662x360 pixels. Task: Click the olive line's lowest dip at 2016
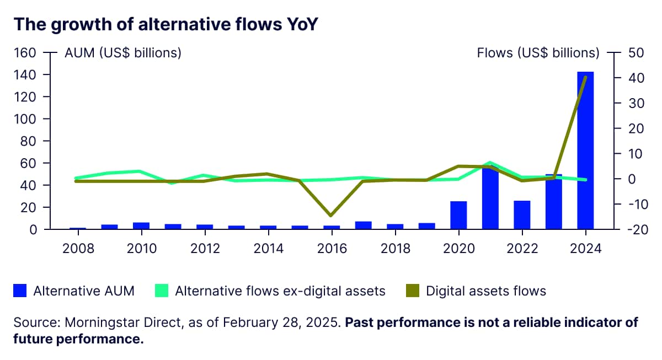tap(331, 215)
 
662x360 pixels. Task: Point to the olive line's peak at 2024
tap(585, 77)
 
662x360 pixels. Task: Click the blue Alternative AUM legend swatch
tap(20, 291)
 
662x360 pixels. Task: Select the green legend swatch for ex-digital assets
tap(162, 291)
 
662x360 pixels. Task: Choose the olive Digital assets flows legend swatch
tap(413, 291)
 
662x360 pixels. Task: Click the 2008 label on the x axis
tap(78, 248)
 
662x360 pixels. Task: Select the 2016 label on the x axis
tap(332, 248)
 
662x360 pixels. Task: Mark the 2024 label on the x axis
tap(585, 248)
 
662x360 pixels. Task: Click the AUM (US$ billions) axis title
tap(123, 53)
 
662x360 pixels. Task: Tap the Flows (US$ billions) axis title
tap(538, 53)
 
